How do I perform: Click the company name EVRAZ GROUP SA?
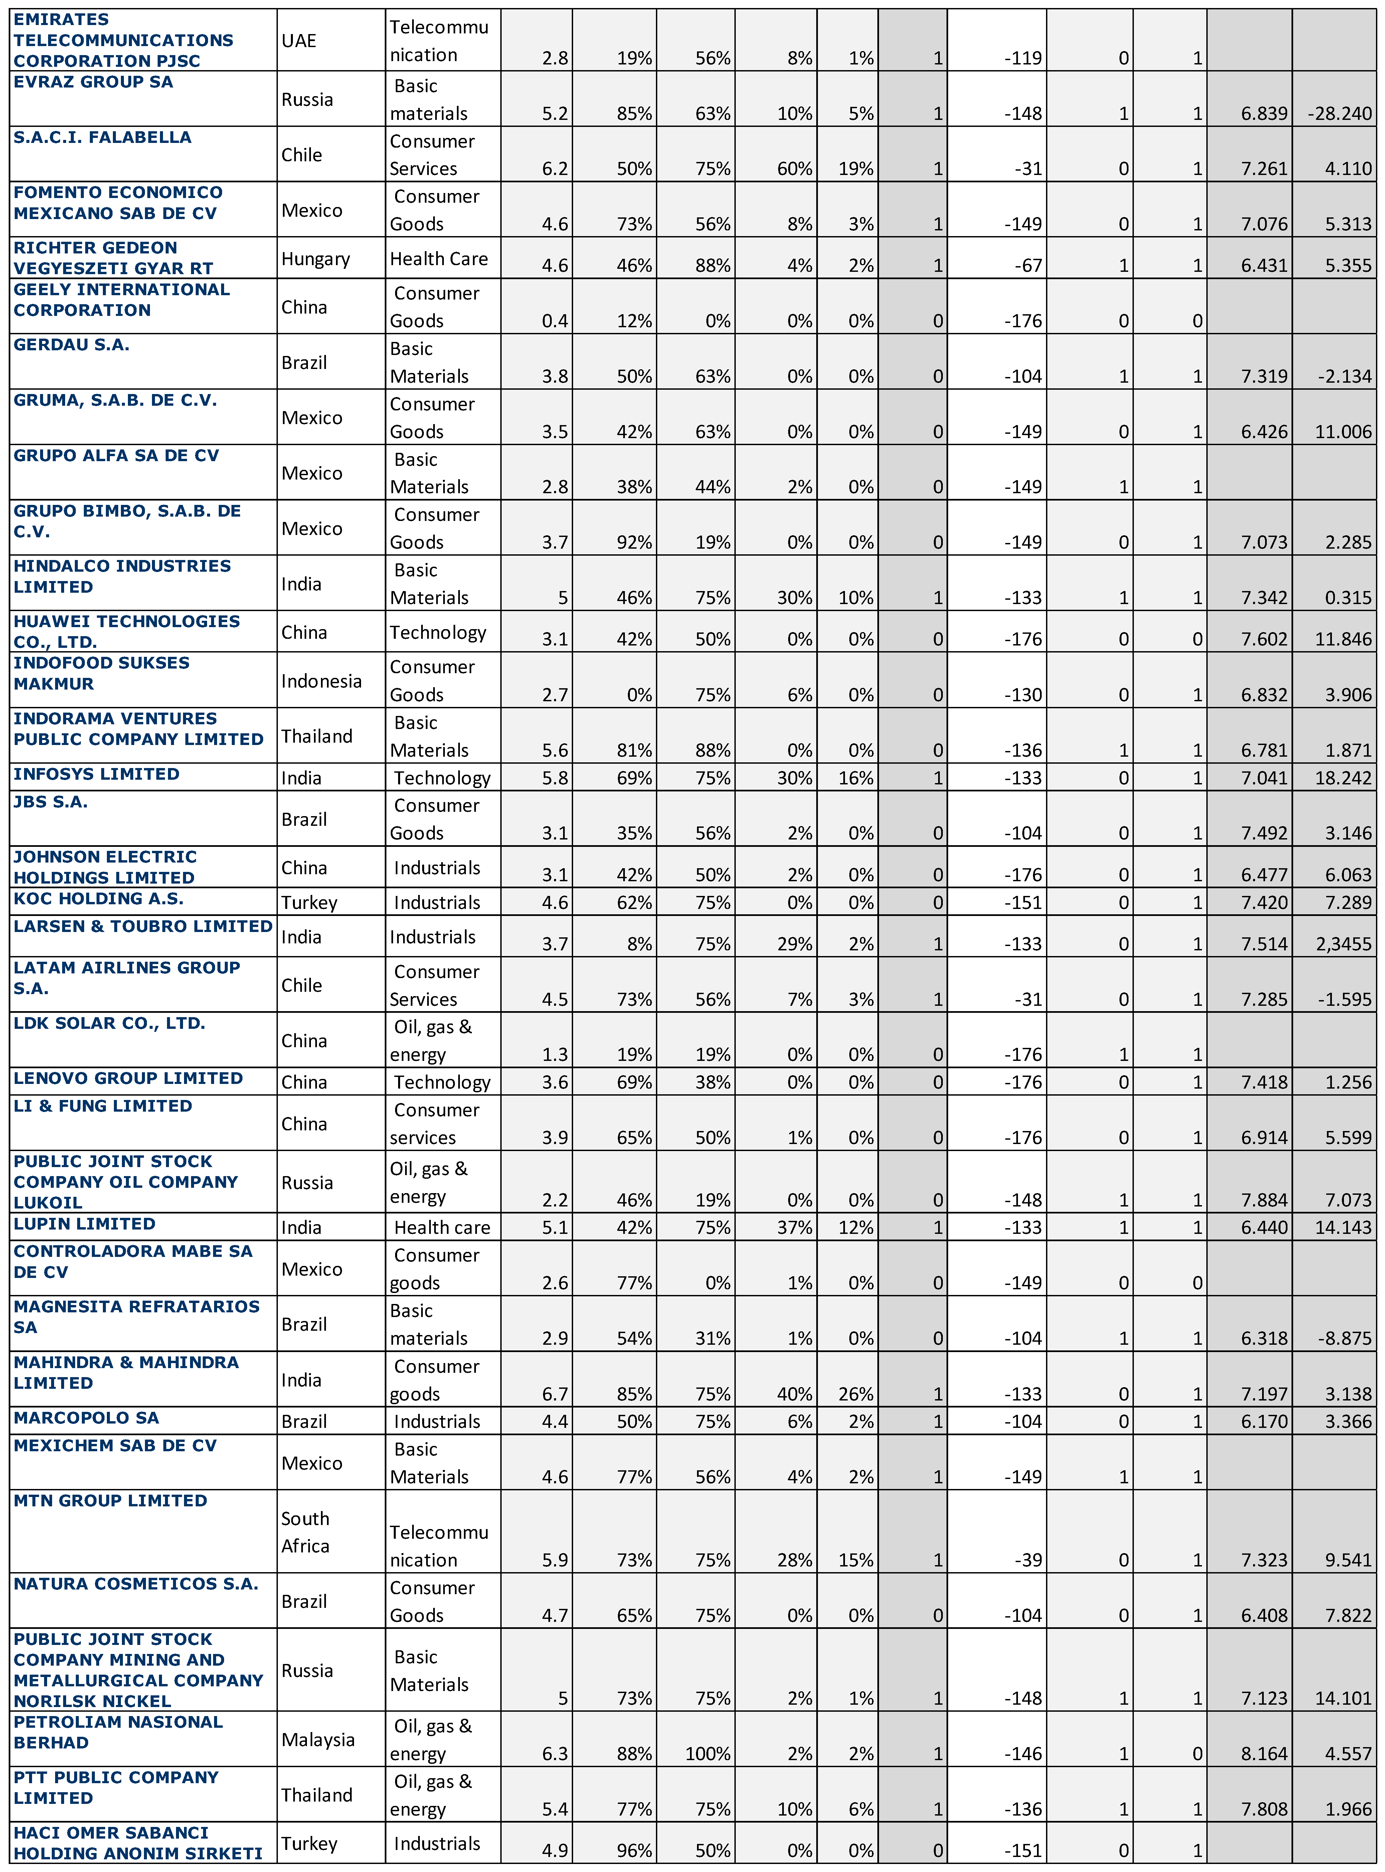pos(93,82)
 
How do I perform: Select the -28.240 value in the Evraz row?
pos(1340,113)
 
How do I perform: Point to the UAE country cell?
pos(299,40)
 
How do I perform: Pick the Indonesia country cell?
pos(321,681)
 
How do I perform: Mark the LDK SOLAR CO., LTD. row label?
pos(109,1023)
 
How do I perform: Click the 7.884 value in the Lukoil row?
pos(1264,1200)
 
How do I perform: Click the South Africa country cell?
pos(305,1532)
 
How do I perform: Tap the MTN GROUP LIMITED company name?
pos(110,1500)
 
